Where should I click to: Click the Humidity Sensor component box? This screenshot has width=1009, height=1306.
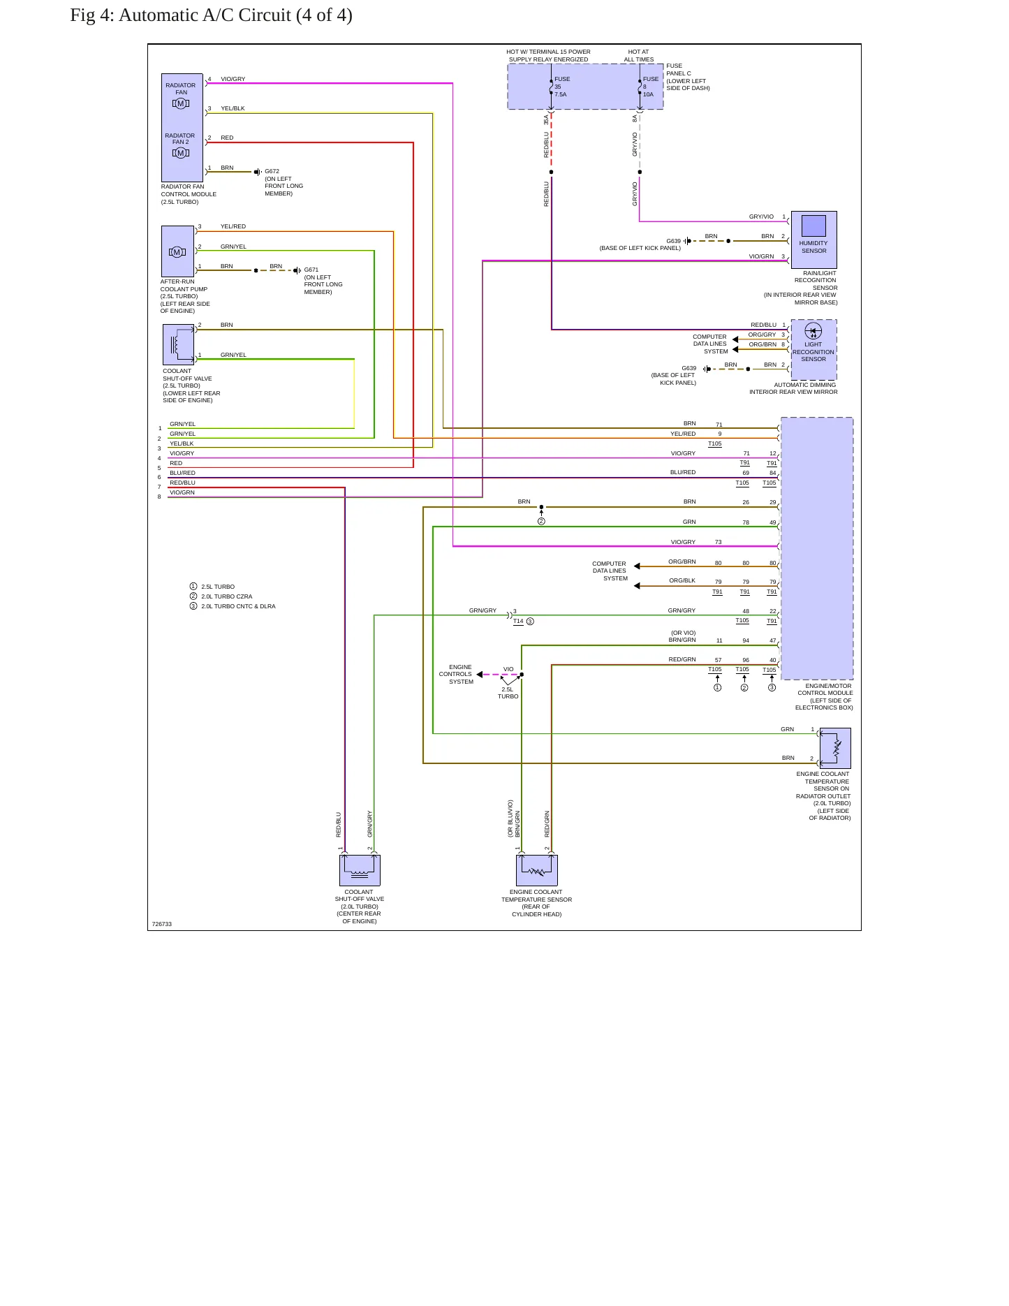point(813,240)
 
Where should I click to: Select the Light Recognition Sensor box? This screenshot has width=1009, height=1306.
point(813,350)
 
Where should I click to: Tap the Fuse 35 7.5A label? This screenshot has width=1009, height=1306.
point(561,87)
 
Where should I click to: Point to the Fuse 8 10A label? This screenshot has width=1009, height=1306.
point(650,87)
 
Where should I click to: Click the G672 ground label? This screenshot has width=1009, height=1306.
point(272,171)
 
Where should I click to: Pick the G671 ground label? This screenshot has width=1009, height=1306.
point(311,270)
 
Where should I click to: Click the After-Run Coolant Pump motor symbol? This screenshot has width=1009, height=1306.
point(177,252)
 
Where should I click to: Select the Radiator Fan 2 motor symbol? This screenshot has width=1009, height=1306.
point(181,153)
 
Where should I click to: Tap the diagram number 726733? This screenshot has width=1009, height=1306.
point(162,924)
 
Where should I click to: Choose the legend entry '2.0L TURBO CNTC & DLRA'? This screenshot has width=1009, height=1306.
point(238,606)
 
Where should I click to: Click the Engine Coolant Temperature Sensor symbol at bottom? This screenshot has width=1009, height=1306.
point(536,870)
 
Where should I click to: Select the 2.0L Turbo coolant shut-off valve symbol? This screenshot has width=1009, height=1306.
point(360,870)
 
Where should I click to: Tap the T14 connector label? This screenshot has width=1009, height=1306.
point(518,621)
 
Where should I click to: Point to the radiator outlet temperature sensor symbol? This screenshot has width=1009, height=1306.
point(835,748)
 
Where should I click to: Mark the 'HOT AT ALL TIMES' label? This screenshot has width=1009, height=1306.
point(639,55)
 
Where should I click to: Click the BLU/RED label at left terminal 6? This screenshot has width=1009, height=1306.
point(182,473)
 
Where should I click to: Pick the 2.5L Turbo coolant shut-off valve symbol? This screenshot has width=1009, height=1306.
point(178,345)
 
